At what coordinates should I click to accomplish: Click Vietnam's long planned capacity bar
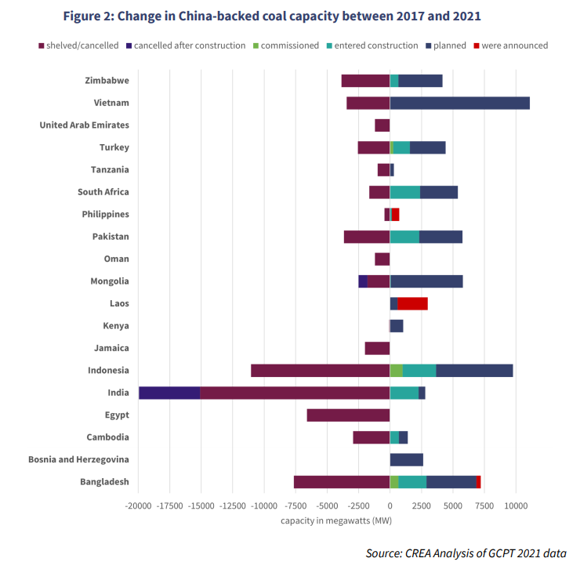459,103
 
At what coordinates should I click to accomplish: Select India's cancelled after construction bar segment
169,393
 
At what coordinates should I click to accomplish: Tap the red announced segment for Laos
412,303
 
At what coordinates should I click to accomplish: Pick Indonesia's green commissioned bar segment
396,371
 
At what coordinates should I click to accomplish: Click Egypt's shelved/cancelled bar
348,415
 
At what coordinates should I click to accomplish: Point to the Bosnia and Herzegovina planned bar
406,459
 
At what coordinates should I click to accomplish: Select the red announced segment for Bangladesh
478,482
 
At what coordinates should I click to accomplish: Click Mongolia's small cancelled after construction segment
363,281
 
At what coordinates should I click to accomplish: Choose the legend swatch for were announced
477,46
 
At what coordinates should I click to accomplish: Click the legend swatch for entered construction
328,46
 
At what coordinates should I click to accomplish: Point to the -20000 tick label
139,506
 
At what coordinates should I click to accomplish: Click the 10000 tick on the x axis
515,506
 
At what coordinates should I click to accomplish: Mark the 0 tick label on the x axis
390,506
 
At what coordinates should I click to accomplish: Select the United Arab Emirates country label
84,125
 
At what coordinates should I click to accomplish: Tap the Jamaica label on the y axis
111,348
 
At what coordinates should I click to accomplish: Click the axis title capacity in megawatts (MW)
336,520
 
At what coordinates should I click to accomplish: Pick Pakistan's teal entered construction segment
404,237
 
